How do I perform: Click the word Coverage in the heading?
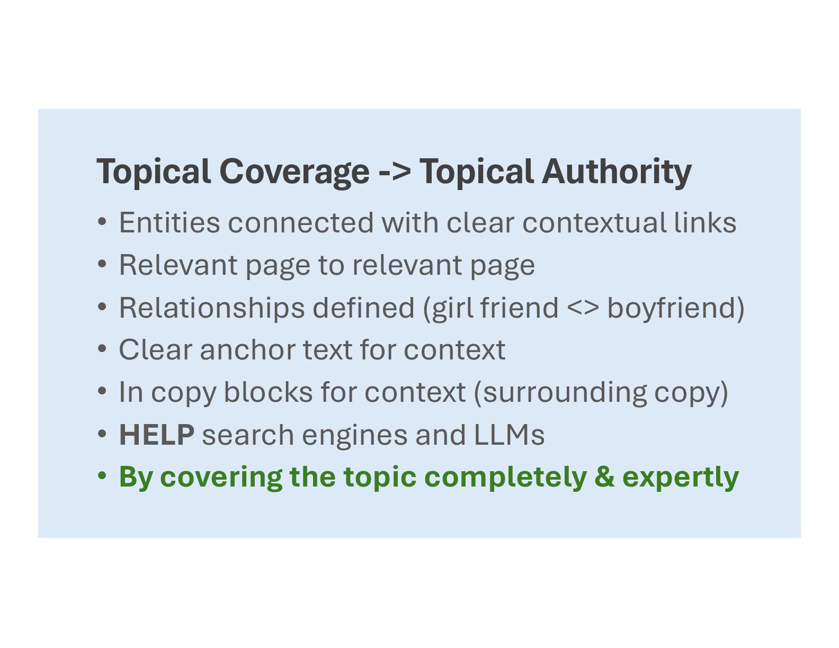point(294,172)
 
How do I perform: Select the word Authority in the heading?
point(617,172)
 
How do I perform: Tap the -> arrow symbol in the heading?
point(395,172)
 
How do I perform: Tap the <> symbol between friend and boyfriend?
point(583,308)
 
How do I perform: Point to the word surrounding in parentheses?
point(565,393)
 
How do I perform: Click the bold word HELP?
point(157,435)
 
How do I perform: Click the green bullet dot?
point(102,476)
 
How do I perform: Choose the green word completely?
point(505,477)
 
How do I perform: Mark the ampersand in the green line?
point(604,477)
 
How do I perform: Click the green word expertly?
point(680,477)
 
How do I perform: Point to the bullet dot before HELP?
point(102,434)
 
